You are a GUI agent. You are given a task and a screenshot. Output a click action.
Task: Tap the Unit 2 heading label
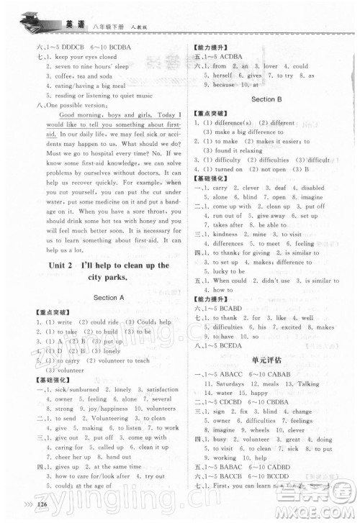[74, 265]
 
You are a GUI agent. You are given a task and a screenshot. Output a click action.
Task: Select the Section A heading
[108, 296]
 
